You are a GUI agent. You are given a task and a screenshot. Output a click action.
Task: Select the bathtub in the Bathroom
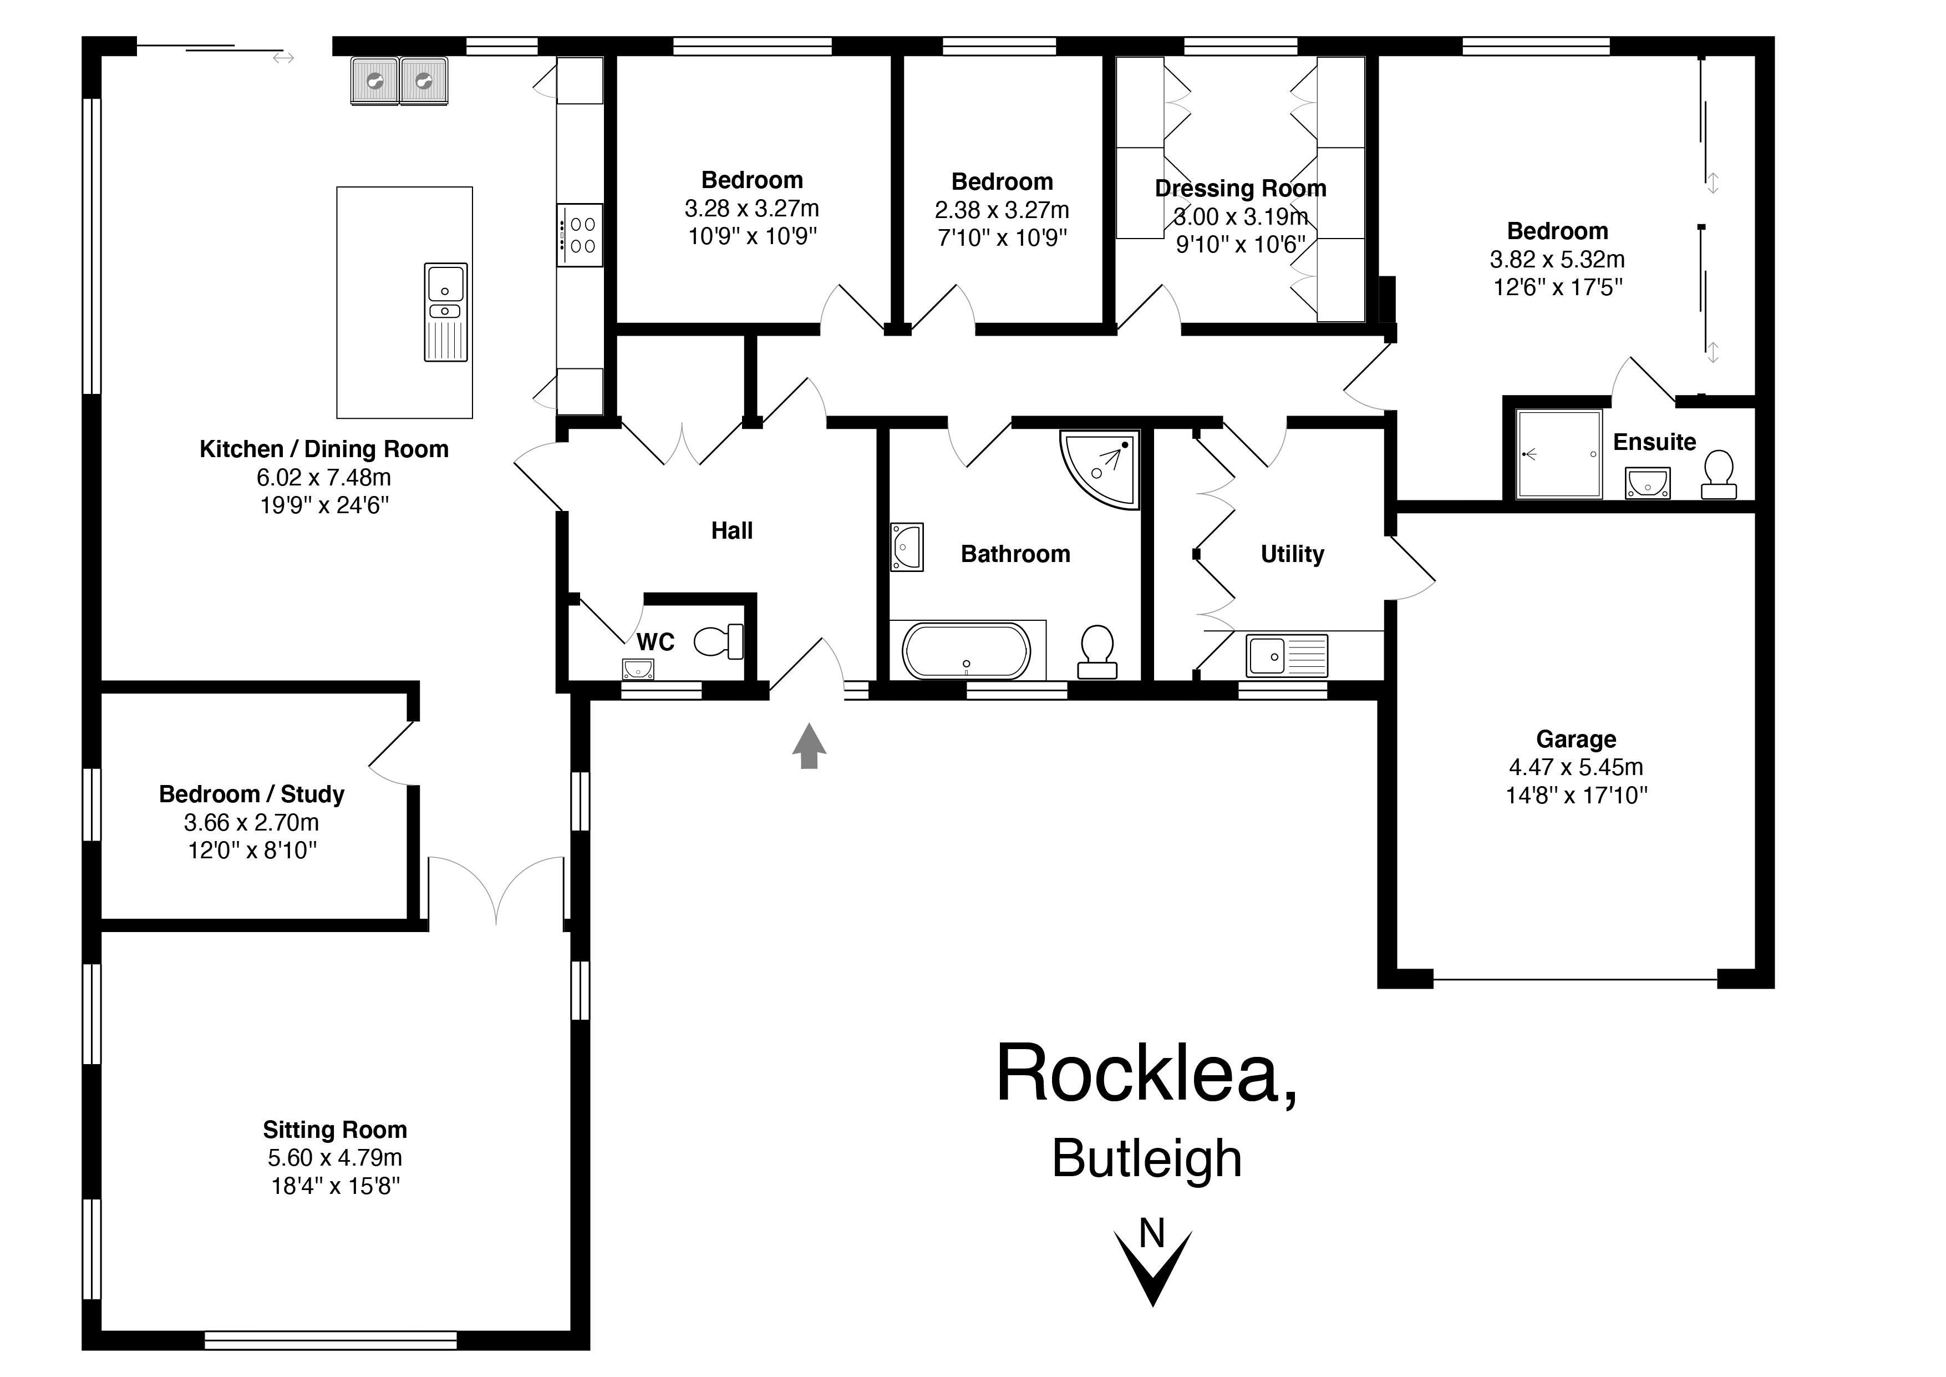coord(966,651)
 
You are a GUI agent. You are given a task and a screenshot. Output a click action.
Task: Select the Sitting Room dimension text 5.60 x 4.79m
coord(335,1157)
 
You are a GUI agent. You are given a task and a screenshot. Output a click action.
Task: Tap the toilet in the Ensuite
coord(1719,474)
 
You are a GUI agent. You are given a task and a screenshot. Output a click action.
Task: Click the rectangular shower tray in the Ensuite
coord(1559,454)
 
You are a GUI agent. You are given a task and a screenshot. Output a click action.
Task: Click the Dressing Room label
coord(1240,188)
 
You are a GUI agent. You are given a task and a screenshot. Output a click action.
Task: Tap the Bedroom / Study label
coord(252,794)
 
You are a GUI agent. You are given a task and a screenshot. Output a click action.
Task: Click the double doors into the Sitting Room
coord(496,890)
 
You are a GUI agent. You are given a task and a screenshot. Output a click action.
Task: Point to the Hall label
coord(731,531)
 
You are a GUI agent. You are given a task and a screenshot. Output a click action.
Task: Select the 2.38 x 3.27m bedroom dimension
coord(1002,209)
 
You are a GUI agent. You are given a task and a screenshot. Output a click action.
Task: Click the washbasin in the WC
coord(637,670)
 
